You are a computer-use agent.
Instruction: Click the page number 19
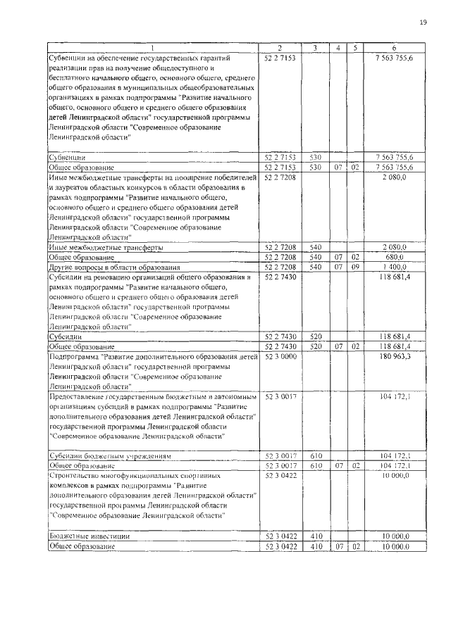pyautogui.click(x=424, y=23)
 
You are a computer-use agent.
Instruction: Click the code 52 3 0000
pyautogui.click(x=280, y=358)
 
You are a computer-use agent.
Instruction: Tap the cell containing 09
pyautogui.click(x=355, y=267)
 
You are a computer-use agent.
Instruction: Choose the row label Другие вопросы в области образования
pyautogui.click(x=105, y=267)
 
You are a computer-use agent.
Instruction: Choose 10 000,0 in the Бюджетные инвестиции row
pyautogui.click(x=396, y=536)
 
